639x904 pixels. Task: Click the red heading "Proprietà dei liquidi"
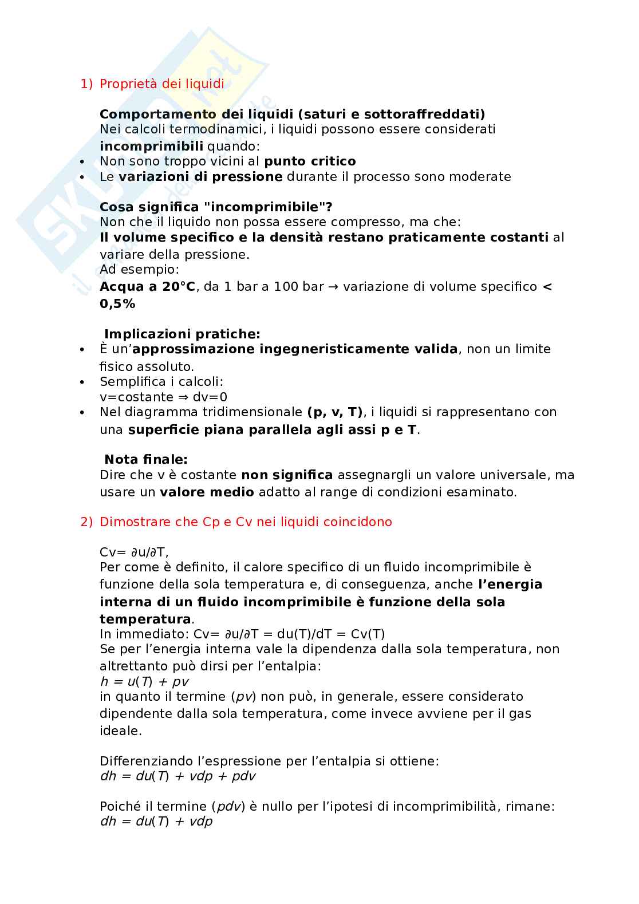point(162,84)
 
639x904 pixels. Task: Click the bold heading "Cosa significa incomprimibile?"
point(216,207)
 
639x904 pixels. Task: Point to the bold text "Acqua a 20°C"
point(147,287)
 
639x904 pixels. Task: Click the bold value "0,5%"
point(117,304)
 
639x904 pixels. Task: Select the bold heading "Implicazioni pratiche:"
point(182,334)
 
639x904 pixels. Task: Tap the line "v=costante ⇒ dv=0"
point(164,397)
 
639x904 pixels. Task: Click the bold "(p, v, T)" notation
point(335,412)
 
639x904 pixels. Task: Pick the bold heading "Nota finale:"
point(146,459)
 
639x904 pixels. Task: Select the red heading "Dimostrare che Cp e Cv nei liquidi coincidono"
point(246,522)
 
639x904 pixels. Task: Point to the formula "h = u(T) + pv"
point(144,682)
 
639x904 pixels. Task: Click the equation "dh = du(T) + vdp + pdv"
point(178,777)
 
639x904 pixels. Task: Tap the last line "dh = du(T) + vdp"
point(156,822)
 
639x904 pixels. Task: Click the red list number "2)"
point(86,522)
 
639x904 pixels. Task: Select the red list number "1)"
point(86,84)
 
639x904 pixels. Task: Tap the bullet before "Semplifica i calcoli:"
point(83,381)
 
